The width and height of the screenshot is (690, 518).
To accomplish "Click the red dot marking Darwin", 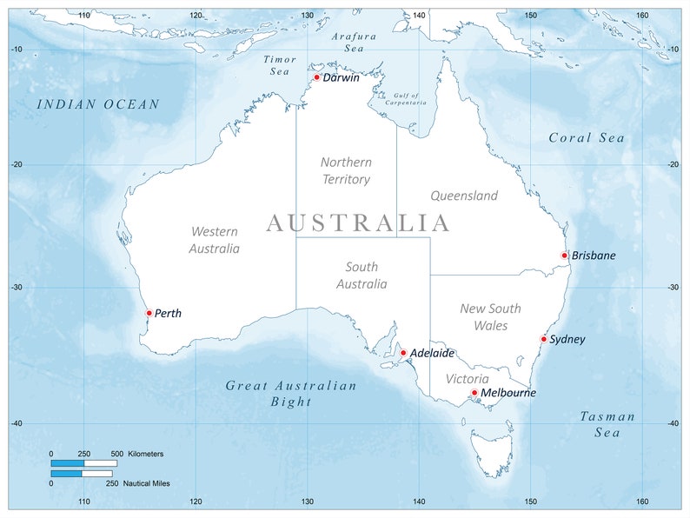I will (x=317, y=77).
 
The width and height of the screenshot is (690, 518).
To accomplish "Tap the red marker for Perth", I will (x=149, y=313).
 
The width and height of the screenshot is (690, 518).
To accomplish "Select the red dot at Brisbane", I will (x=565, y=256).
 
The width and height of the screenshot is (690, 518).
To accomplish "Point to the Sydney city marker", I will (x=544, y=339).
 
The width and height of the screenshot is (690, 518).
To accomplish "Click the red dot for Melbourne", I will (x=474, y=393).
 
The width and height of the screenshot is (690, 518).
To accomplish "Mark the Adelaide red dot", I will (x=403, y=353).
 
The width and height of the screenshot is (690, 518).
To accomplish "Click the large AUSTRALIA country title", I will (x=358, y=223).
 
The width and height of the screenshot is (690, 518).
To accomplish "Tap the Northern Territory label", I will (x=346, y=170).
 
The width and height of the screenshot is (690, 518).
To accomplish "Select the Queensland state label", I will (x=464, y=196).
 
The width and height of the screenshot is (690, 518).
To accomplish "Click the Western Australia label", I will (x=215, y=240).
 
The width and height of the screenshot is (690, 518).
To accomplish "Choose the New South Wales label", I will (x=490, y=317).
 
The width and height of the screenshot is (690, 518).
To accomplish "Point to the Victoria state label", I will (x=468, y=379).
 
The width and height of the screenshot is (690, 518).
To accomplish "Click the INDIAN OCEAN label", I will (x=98, y=104).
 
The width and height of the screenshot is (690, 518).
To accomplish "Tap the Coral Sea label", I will (x=587, y=137).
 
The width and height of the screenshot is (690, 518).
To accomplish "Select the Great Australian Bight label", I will (x=291, y=393).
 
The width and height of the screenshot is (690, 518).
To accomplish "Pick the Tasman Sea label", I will (x=607, y=424).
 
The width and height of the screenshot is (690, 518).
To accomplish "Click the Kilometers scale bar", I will (x=83, y=463).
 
